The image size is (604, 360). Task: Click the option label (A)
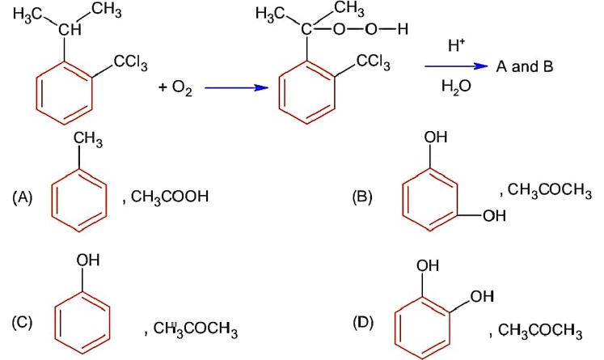21,197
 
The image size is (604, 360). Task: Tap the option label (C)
21,322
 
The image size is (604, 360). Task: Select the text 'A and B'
525,66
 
